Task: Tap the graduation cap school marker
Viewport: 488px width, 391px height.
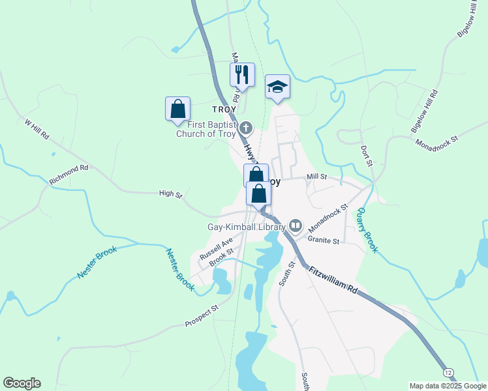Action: (277, 86)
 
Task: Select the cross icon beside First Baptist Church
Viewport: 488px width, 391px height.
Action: (246, 126)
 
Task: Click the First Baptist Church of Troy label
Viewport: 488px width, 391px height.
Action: (207, 130)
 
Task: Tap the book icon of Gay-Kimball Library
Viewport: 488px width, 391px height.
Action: (296, 226)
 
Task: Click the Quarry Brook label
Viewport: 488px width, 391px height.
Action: (367, 229)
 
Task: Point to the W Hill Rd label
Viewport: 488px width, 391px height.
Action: (37, 129)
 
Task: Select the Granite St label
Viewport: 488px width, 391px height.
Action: (324, 240)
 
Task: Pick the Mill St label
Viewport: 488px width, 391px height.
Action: (316, 177)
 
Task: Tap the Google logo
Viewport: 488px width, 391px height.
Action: (22, 383)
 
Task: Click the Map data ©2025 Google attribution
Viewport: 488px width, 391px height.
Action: (447, 386)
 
